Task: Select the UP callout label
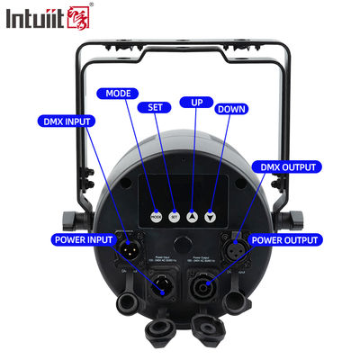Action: [x=190, y=102]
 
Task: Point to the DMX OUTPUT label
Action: [x=288, y=167]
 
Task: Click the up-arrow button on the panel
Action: [x=191, y=216]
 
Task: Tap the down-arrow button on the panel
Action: [x=211, y=216]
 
